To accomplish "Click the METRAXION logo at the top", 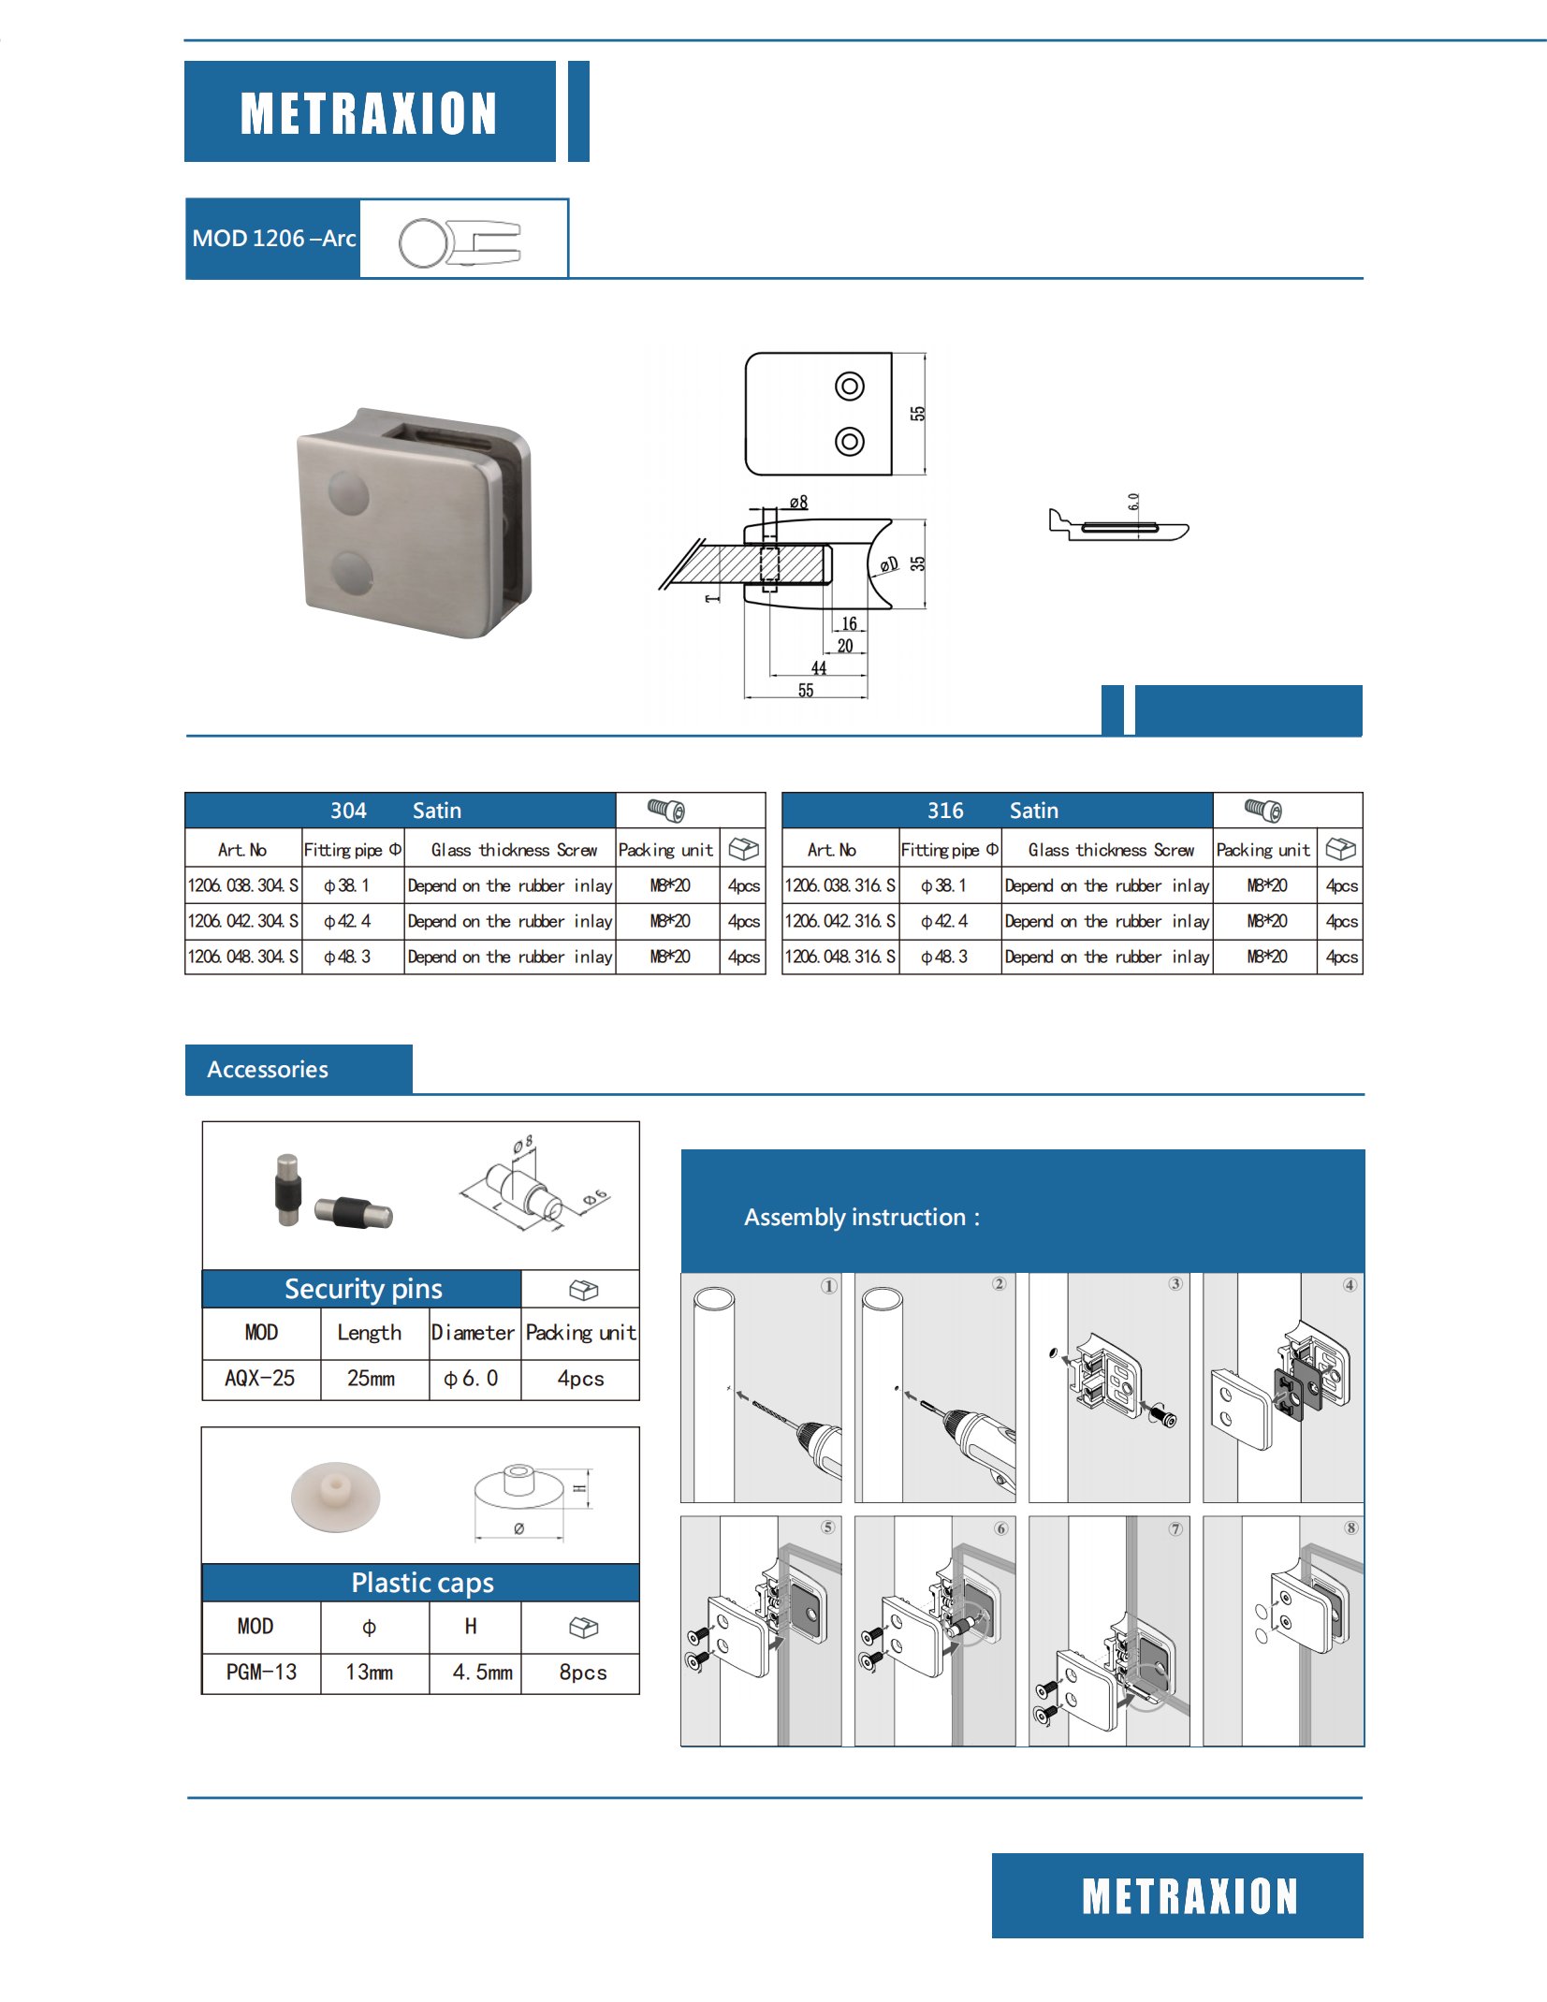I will pyautogui.click(x=369, y=113).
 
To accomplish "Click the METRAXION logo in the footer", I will pyautogui.click(x=1189, y=1896).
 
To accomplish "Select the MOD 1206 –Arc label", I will pyautogui.click(x=273, y=239).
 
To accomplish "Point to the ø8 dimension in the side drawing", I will pyautogui.click(x=797, y=503).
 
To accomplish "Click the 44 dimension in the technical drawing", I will pyautogui.click(x=819, y=667).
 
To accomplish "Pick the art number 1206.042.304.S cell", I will pyautogui.click(x=243, y=921).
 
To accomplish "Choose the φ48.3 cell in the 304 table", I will pyautogui.click(x=347, y=957).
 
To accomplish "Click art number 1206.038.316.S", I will pyautogui.click(x=840, y=885).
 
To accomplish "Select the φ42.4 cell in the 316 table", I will pyautogui.click(x=944, y=921).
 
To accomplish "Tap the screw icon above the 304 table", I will pyautogui.click(x=666, y=810).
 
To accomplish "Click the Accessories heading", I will pyautogui.click(x=268, y=1070).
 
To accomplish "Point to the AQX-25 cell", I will pyautogui.click(x=260, y=1378).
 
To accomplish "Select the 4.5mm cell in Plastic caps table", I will pyautogui.click(x=482, y=1672).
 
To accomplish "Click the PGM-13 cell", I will pyautogui.click(x=261, y=1672).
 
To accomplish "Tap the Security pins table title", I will pyautogui.click(x=363, y=1289).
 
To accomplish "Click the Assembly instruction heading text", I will pyautogui.click(x=861, y=1217).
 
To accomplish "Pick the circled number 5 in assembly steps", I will pyautogui.click(x=828, y=1527).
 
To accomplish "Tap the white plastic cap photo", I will pyautogui.click(x=335, y=1495).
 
